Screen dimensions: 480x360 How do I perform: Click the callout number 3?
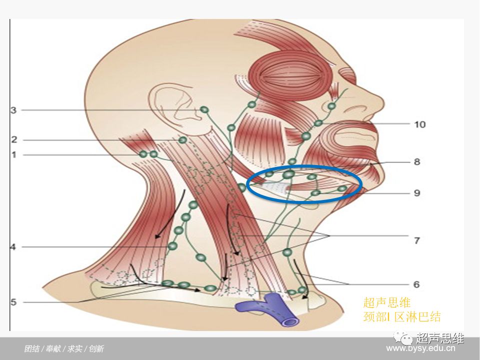point(14,110)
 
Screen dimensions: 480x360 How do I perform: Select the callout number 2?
point(14,140)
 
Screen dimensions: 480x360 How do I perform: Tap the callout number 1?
point(14,155)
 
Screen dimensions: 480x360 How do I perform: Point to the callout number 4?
point(13,246)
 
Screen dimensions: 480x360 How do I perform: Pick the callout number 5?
point(13,302)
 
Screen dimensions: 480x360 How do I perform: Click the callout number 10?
point(420,123)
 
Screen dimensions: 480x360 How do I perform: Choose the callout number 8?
point(416,162)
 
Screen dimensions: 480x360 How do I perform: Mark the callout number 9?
point(416,192)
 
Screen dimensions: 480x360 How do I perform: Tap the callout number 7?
point(416,240)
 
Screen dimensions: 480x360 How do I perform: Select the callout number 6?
point(416,284)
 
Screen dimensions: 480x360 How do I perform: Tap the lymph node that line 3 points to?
point(204,109)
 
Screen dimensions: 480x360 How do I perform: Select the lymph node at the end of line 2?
point(183,140)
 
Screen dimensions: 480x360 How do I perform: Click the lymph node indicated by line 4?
point(172,246)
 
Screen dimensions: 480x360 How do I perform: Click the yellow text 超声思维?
point(387,302)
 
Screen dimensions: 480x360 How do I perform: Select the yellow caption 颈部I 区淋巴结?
point(402,316)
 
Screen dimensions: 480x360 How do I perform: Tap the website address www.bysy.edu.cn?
point(424,348)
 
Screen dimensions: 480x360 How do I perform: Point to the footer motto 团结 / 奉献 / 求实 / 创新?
point(64,348)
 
